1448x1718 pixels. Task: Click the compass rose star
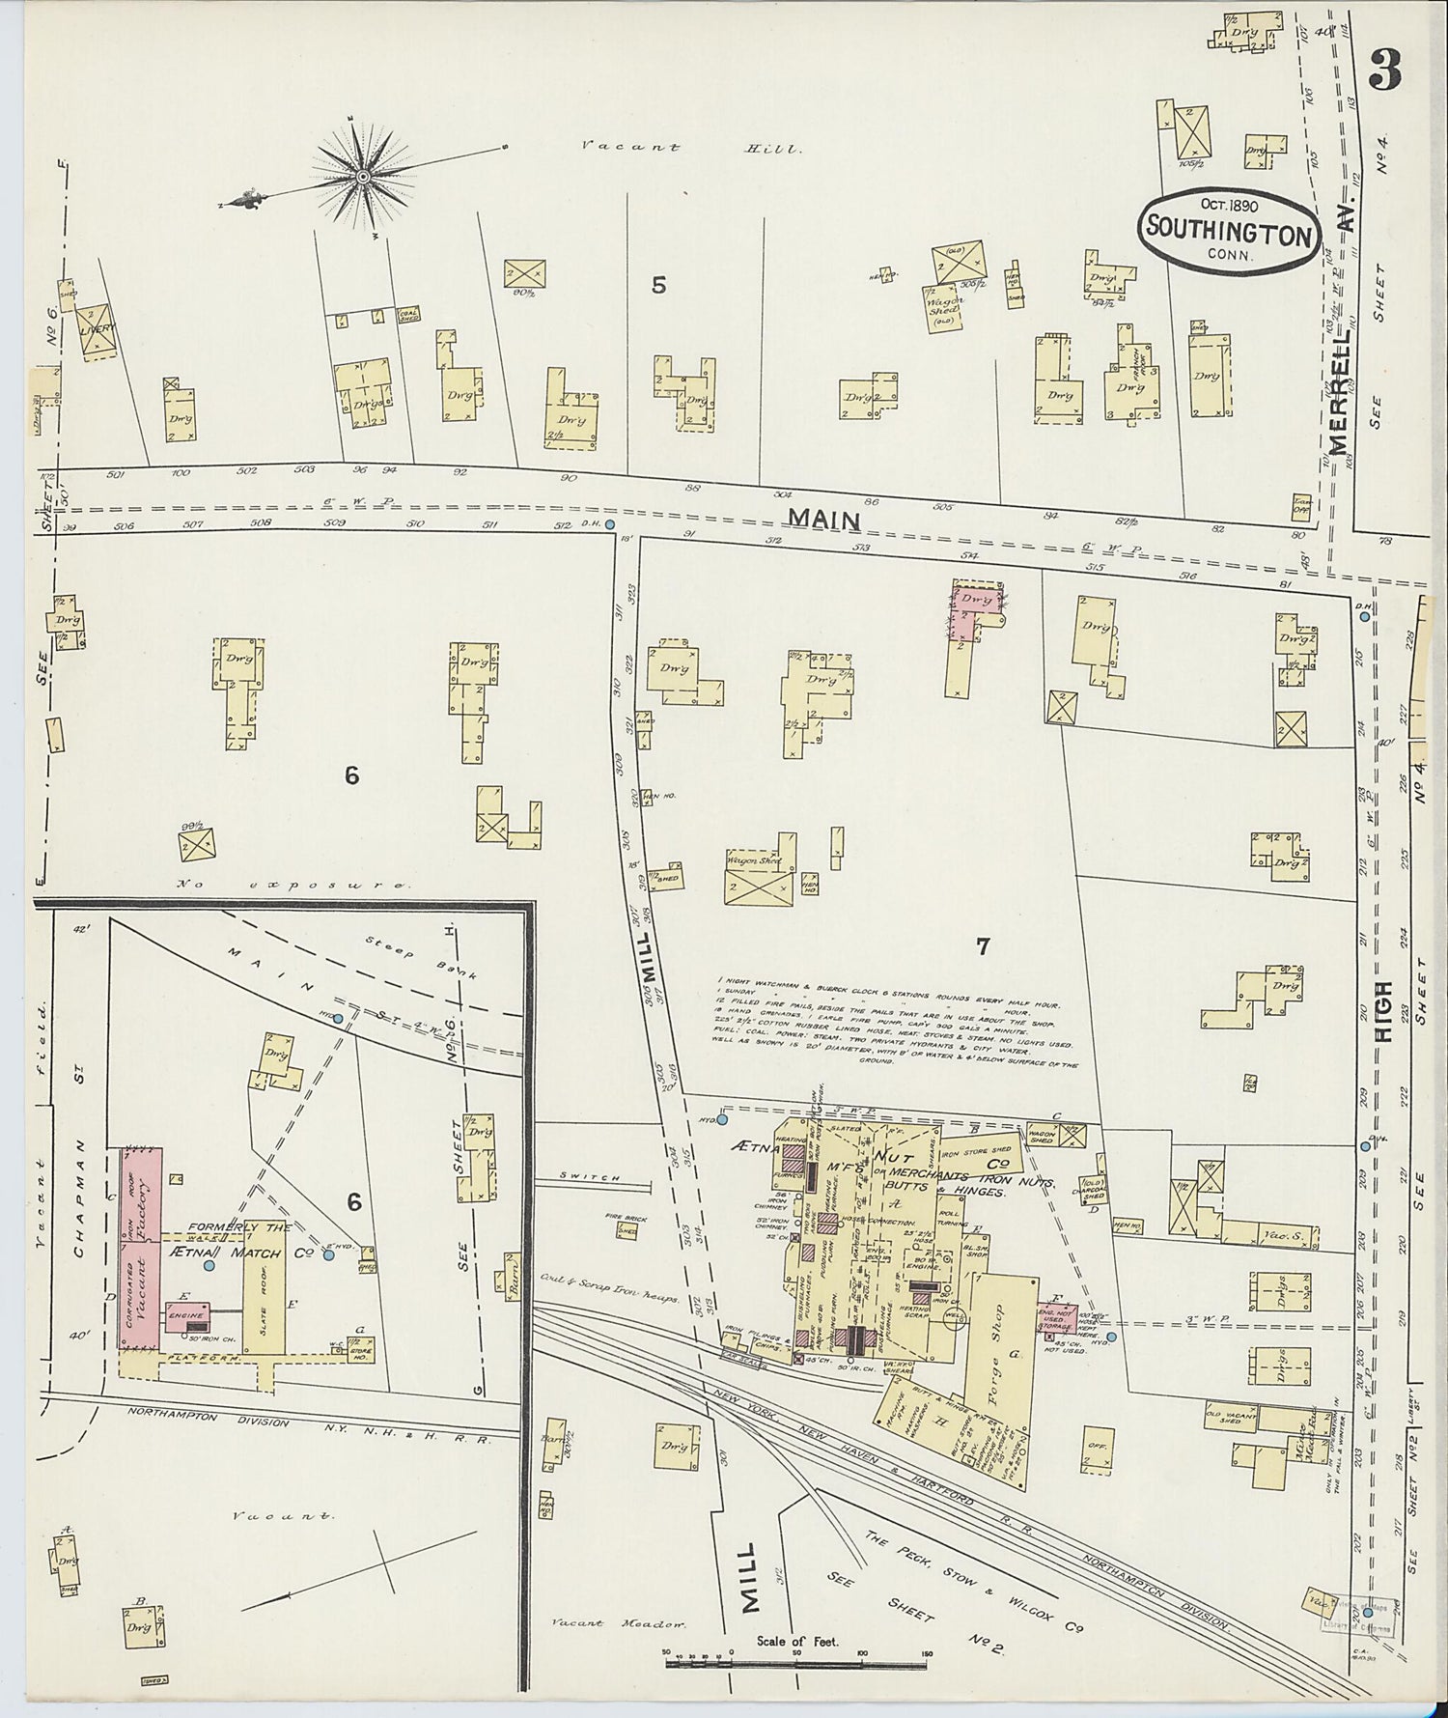[363, 176]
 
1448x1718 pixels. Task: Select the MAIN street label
[823, 519]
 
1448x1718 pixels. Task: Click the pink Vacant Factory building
[140, 1249]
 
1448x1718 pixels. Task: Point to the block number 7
[983, 945]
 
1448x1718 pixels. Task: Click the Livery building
[96, 330]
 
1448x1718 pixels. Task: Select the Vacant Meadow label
[619, 1623]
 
